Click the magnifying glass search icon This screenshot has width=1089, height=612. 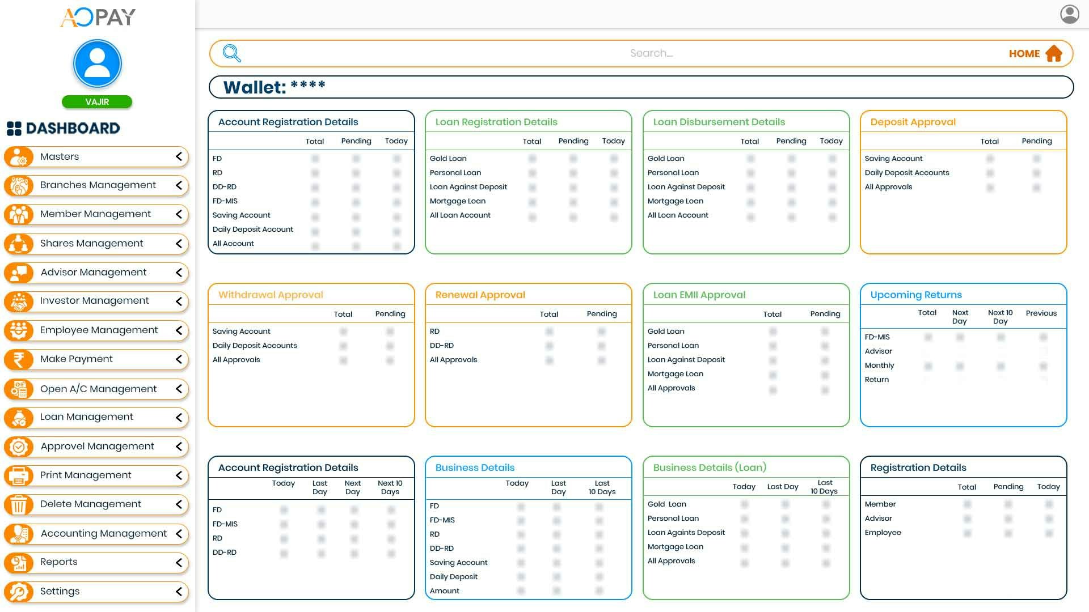point(231,53)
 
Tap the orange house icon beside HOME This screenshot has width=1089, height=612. point(1054,53)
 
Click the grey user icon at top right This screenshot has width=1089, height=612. point(1070,14)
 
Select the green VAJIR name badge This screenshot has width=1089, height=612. point(97,102)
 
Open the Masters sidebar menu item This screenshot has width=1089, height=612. point(60,156)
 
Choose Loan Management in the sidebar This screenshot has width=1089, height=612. point(86,417)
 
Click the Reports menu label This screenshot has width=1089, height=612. point(58,562)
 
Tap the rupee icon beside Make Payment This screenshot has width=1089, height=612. point(19,359)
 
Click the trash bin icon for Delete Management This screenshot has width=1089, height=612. point(19,504)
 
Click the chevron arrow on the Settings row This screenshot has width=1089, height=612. point(179,592)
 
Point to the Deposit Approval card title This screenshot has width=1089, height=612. point(913,122)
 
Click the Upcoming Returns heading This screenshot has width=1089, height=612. point(916,295)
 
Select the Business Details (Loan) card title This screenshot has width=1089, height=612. point(710,467)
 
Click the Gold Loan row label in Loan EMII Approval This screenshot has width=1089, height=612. point(666,331)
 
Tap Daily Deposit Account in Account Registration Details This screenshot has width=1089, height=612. point(253,229)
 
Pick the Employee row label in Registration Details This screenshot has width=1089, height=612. point(883,533)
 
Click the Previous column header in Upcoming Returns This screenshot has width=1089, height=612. point(1041,313)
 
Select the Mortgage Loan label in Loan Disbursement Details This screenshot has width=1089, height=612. point(675,201)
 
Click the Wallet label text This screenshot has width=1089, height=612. point(255,87)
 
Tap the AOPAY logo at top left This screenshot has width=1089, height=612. point(98,17)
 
